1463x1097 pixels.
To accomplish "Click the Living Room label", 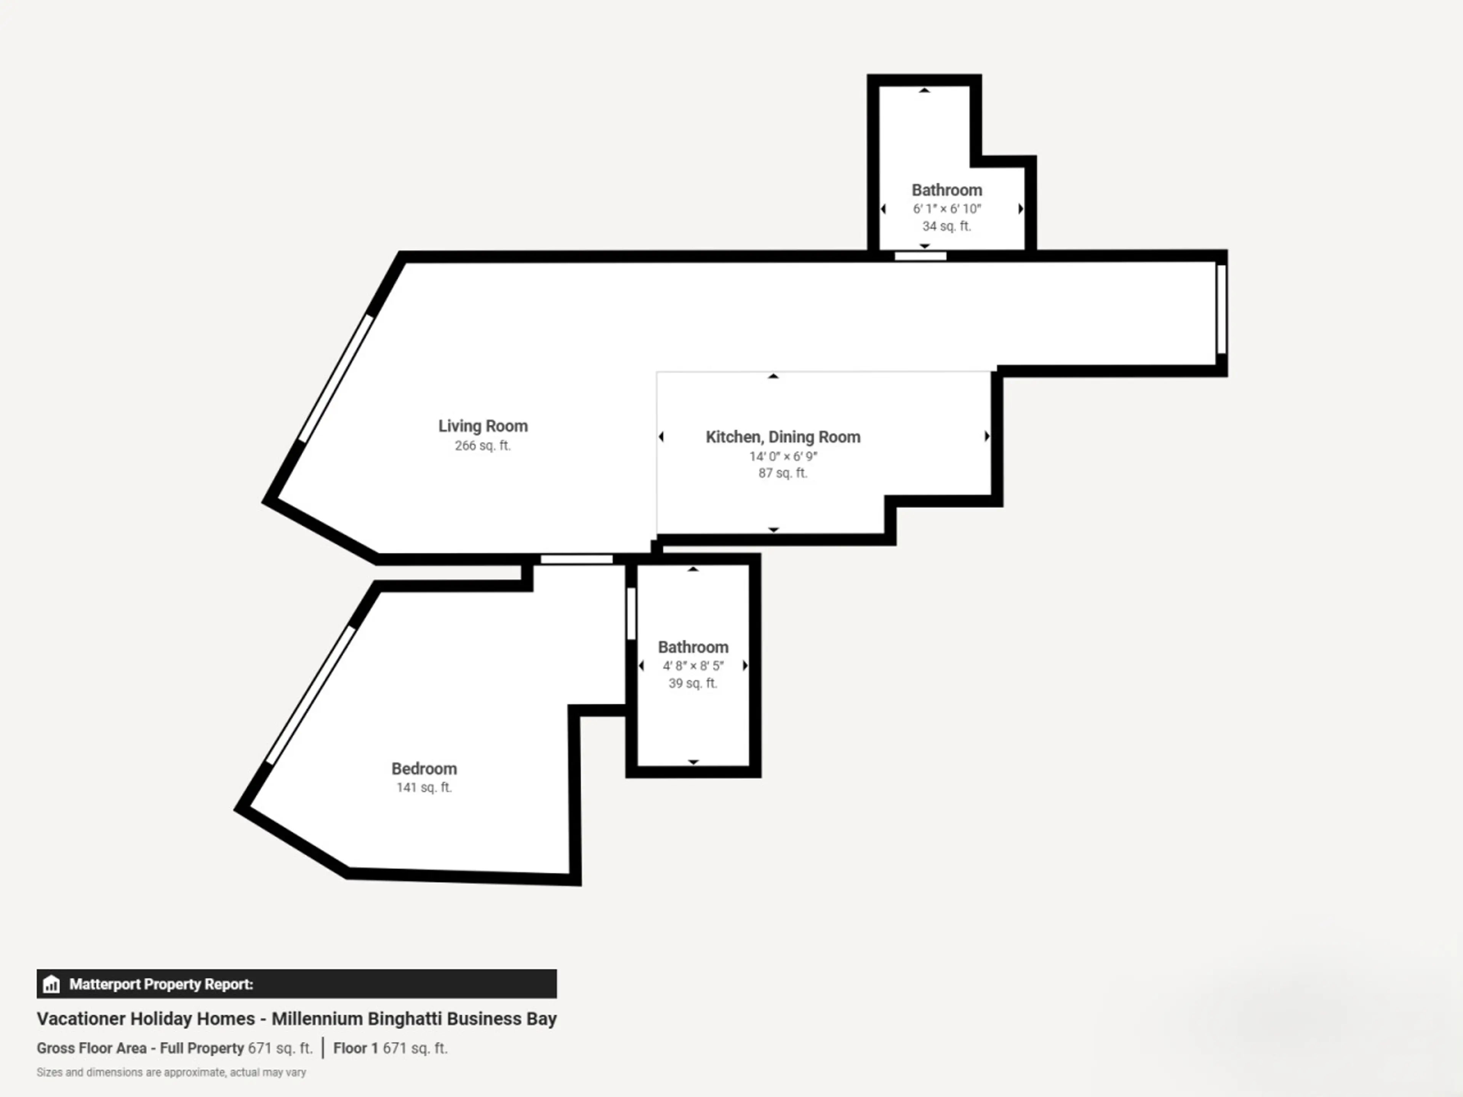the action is click(483, 426).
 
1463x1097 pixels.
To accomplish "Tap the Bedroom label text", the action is click(424, 768).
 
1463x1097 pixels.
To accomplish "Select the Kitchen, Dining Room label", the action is click(783, 437).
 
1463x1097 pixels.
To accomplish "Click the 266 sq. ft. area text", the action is click(483, 446).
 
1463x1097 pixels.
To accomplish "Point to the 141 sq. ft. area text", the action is click(424, 788).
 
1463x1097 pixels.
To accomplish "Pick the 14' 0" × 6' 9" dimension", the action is click(783, 456).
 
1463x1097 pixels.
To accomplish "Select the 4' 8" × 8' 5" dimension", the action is click(693, 666).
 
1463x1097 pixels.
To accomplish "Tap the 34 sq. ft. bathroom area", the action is click(946, 226).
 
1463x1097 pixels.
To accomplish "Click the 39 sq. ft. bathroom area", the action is click(693, 683).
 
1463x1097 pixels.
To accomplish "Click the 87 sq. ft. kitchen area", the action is click(783, 473).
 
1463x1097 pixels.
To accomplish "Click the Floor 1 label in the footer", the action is click(355, 1048).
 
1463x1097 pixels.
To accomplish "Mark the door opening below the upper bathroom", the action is click(920, 256).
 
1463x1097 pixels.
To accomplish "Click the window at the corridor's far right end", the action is click(1221, 309).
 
